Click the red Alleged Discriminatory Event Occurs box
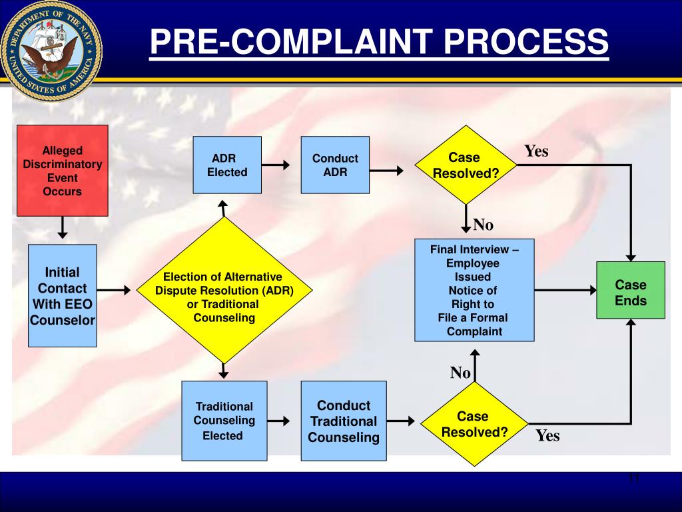pos(62,171)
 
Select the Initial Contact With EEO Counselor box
pos(62,296)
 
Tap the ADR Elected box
pos(227,165)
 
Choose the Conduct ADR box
pos(335,165)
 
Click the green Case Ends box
pos(630,290)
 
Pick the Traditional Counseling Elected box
pos(224,421)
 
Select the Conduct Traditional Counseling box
pos(343,421)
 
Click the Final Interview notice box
pos(474,290)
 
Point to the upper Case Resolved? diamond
pos(466,165)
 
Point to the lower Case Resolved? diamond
pos(474,424)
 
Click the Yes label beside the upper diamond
pos(536,151)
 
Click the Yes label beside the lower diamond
pos(547,436)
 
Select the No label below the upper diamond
pos(483,225)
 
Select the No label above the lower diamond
pos(460,373)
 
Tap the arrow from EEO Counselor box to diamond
pos(115,290)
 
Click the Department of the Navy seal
pos(51,51)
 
